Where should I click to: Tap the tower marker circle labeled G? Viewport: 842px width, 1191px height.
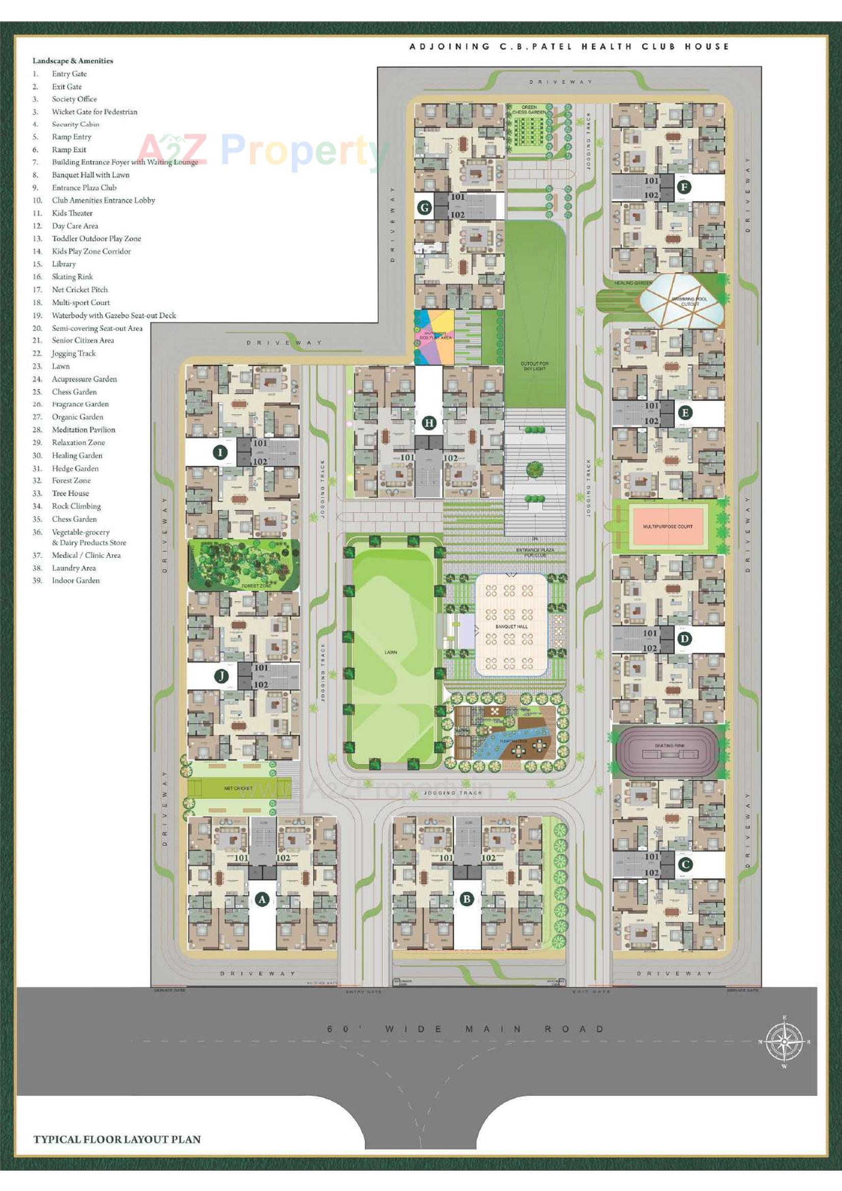point(425,207)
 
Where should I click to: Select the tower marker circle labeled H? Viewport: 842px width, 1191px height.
point(429,423)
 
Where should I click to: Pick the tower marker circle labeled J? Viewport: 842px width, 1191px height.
point(222,676)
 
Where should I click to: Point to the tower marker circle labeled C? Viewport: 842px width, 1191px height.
point(685,863)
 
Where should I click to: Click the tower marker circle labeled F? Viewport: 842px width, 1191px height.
point(684,187)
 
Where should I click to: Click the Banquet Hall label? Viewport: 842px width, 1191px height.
point(511,627)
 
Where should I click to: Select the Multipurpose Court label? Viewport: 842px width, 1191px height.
point(667,526)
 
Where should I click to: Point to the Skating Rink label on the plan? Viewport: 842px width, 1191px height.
point(670,745)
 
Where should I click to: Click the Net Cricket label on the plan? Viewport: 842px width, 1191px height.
point(238,788)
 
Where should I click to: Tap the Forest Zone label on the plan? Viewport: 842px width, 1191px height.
point(256,586)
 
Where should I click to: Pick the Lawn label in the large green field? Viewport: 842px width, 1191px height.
point(390,652)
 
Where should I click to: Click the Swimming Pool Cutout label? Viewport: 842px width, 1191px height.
point(690,302)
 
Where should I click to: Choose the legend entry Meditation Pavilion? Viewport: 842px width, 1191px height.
point(84,429)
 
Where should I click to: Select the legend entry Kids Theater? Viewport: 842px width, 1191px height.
point(72,213)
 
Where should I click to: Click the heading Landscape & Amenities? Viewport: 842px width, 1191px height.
point(73,61)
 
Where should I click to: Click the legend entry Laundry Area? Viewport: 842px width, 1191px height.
point(74,568)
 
